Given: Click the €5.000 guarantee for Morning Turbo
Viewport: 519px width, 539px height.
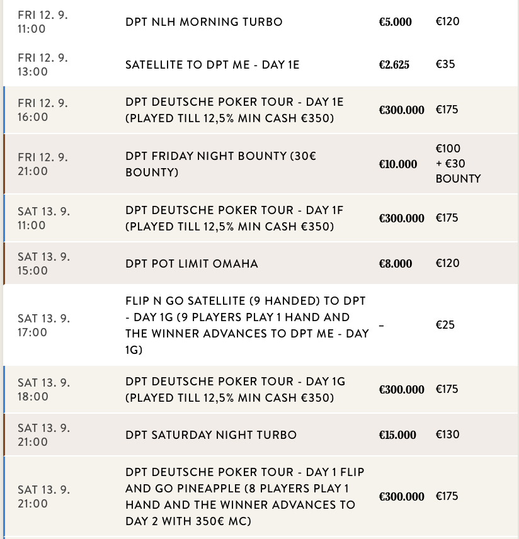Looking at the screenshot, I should pos(395,22).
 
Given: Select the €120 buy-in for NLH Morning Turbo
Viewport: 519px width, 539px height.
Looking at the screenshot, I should pos(447,21).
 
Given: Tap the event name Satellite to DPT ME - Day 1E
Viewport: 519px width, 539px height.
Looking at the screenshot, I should pos(234,65).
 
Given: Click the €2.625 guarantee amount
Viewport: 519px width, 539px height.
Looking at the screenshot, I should pos(394,65).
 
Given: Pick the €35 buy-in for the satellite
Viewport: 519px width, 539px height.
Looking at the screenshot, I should pos(445,64).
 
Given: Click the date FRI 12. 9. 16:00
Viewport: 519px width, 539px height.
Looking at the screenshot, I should pos(43,110).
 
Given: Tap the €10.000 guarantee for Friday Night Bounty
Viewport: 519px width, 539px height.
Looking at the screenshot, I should pos(397,164).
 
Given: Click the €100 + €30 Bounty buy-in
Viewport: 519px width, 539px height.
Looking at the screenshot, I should pos(457,164).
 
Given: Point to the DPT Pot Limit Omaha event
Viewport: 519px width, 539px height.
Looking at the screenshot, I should pos(191,264).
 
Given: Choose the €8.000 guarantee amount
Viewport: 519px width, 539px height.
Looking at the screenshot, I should pos(395,264).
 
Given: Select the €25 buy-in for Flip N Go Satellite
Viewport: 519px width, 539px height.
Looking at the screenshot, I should pos(445,325).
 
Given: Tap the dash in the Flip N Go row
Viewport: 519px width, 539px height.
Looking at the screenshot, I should pos(382,326).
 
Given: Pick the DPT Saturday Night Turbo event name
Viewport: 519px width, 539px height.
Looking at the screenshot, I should pos(210,435).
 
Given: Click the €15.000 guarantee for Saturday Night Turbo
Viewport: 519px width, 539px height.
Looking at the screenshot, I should pos(397,435).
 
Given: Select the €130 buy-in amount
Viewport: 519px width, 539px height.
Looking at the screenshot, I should pos(447,434).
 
